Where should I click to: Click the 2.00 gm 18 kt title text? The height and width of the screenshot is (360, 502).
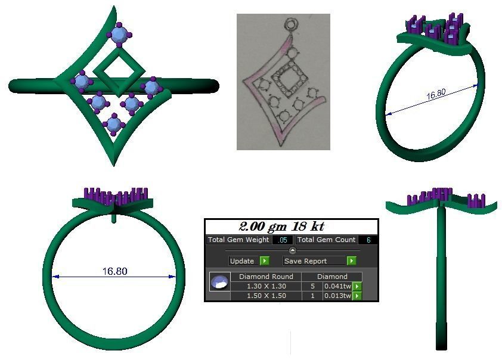(x=281, y=226)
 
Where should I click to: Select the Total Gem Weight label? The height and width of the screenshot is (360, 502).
(x=238, y=240)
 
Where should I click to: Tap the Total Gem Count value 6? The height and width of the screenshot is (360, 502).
(x=368, y=240)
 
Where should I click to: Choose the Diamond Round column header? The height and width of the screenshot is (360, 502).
(x=266, y=277)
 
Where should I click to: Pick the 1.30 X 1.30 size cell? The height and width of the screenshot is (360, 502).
(x=266, y=286)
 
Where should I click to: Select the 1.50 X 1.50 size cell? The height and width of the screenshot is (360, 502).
(x=266, y=296)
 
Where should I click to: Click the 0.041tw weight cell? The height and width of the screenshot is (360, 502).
(x=337, y=286)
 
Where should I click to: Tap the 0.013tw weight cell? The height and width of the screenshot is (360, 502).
(x=337, y=296)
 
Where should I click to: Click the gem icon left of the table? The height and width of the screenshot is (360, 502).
(x=220, y=283)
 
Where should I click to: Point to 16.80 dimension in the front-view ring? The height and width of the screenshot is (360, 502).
(x=114, y=271)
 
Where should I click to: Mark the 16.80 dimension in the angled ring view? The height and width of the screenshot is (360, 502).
(x=436, y=95)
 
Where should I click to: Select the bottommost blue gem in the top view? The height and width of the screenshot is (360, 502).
(x=113, y=125)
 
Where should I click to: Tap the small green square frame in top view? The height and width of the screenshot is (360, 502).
(x=120, y=72)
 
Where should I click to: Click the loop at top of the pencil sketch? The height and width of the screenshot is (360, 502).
(x=291, y=25)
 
